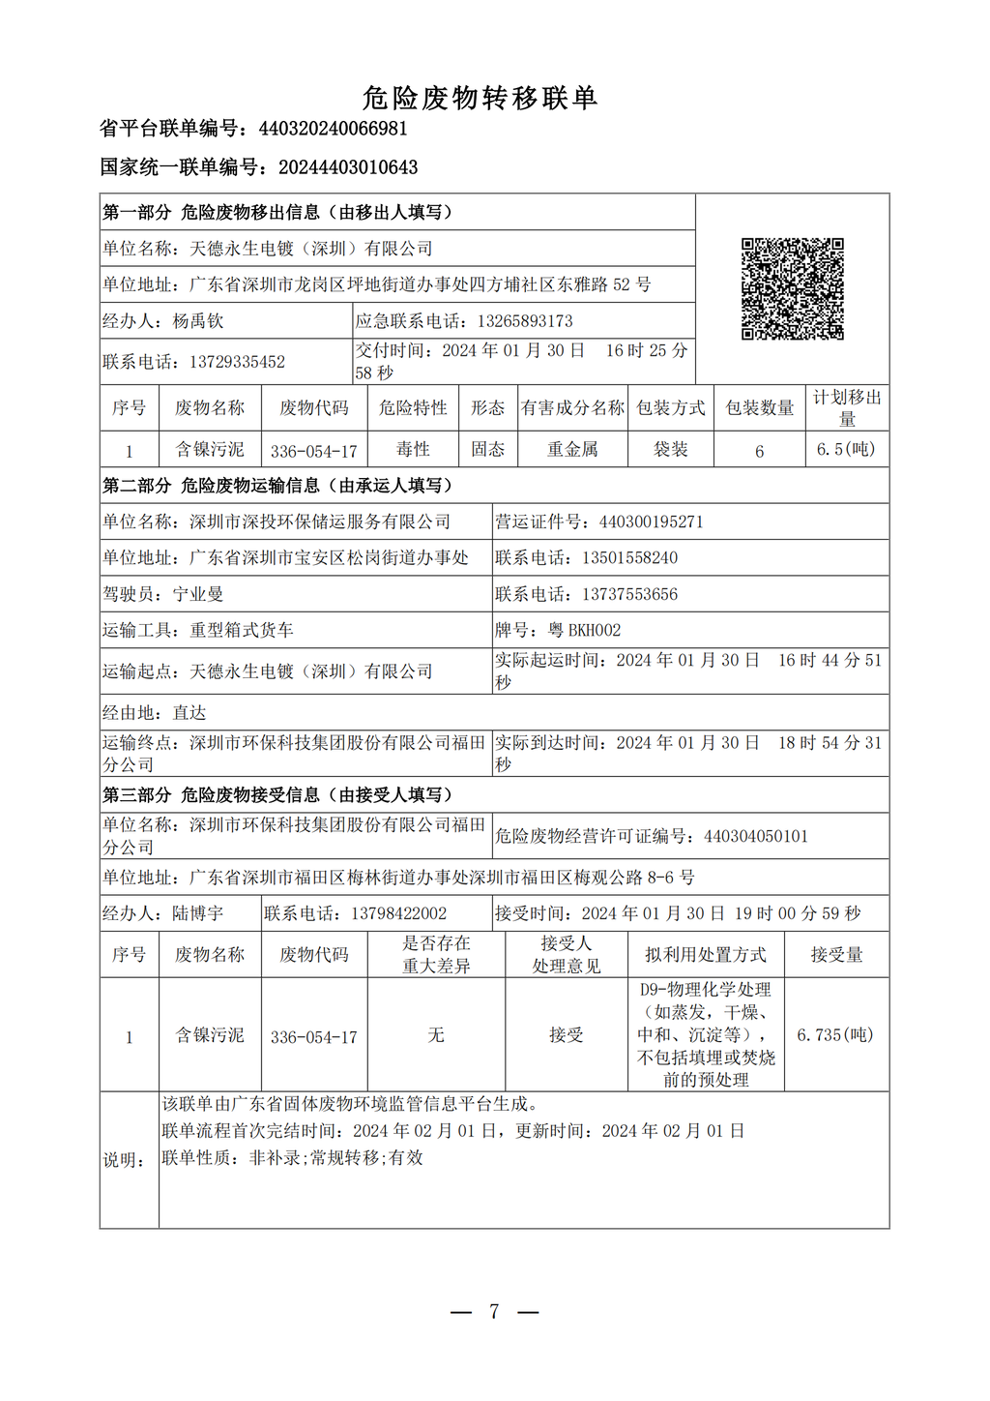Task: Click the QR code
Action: point(792,288)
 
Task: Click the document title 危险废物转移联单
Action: point(480,98)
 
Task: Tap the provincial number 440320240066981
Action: point(333,129)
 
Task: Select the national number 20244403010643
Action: point(348,167)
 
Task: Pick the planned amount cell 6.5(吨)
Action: point(846,449)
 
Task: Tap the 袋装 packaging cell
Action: point(670,449)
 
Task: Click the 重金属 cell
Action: point(572,449)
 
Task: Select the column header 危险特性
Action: point(413,408)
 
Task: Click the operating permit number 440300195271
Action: point(651,522)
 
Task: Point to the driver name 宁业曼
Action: point(198,594)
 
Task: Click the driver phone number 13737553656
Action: point(629,594)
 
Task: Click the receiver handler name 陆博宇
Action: point(198,913)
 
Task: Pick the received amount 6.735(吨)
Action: point(835,1035)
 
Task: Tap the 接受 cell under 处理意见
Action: point(567,1035)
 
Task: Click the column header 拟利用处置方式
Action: point(706,955)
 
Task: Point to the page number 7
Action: point(494,1312)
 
